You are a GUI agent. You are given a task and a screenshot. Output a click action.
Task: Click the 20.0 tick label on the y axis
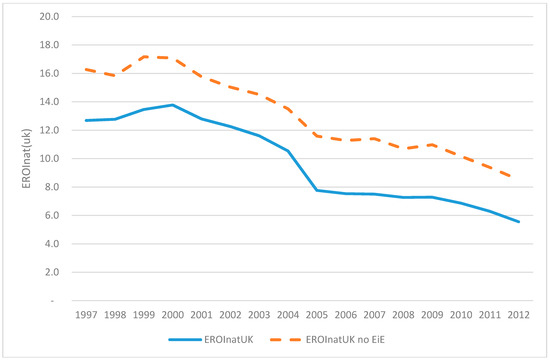point(49,16)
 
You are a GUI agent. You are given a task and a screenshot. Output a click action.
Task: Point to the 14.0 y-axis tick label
point(49,102)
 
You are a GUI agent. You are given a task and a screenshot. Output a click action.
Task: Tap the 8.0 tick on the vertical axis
point(52,187)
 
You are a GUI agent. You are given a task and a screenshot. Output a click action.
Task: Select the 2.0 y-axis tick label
point(52,272)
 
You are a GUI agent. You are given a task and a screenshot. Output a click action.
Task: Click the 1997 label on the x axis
point(86,315)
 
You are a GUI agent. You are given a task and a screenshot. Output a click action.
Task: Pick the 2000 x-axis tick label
point(173,315)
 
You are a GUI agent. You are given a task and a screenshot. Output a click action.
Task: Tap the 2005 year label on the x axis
point(317,315)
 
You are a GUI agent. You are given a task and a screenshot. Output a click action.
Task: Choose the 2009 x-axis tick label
point(432,315)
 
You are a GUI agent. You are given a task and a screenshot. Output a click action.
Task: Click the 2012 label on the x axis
point(519,315)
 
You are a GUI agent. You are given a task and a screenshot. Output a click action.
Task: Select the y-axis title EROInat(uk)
point(27,159)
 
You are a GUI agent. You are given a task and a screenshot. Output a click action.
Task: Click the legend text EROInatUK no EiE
point(345,340)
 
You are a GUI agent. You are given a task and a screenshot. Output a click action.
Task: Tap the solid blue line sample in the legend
point(185,340)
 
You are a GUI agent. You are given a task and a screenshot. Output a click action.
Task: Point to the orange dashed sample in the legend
point(286,340)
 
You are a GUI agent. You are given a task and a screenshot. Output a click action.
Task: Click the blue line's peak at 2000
point(173,105)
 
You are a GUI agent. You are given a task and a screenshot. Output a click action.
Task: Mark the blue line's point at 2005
point(317,190)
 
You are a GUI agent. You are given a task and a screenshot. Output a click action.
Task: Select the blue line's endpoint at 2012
point(519,222)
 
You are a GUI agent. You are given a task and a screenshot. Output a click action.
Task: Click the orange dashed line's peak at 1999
point(144,56)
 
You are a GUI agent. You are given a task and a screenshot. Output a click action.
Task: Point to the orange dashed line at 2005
point(317,136)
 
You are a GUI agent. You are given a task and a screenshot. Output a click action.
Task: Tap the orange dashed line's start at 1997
point(86,69)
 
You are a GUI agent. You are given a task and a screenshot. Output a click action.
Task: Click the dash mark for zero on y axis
point(53,301)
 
